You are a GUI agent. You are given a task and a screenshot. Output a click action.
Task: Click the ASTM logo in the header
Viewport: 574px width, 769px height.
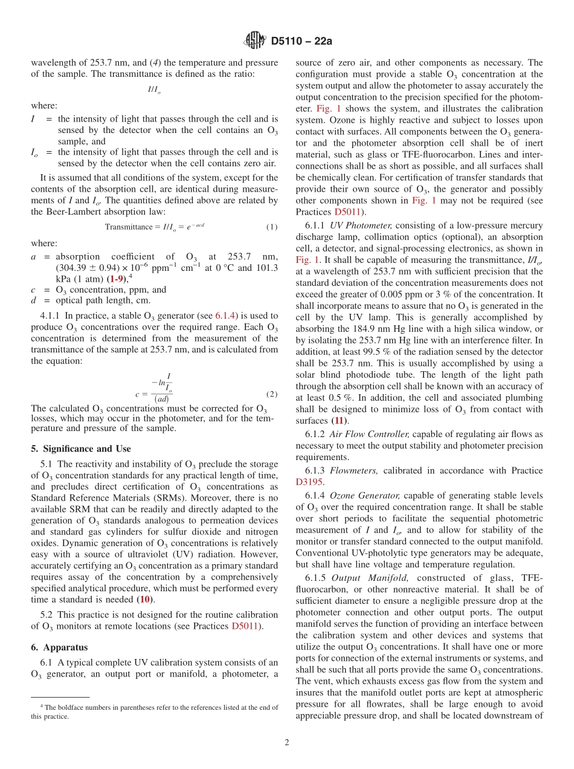click(254, 41)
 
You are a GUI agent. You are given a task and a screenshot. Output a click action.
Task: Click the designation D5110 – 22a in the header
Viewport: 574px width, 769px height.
click(302, 42)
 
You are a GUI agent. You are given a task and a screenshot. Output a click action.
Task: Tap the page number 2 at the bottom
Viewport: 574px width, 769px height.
click(287, 742)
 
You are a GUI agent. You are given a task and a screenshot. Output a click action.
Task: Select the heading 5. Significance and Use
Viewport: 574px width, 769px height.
click(81, 449)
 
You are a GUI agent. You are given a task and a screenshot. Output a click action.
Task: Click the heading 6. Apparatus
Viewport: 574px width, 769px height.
click(59, 647)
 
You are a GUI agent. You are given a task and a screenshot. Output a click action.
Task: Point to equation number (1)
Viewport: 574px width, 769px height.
click(272, 227)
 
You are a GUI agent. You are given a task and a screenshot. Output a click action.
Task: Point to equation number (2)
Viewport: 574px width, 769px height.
click(272, 394)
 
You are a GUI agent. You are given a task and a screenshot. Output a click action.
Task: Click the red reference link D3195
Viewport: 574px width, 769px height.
click(309, 482)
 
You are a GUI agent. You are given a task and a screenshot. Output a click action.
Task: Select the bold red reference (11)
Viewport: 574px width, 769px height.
click(340, 420)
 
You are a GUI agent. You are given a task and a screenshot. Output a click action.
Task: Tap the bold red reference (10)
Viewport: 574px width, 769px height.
click(146, 599)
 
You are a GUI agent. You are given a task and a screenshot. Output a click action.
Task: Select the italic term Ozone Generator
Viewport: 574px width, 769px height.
click(364, 495)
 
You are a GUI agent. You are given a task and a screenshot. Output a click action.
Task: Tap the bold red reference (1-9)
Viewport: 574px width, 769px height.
click(117, 279)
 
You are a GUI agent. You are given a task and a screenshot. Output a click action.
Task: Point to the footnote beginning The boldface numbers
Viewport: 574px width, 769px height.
click(155, 712)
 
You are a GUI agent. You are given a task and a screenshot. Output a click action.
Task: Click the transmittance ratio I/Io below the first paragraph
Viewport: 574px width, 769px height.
click(154, 89)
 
